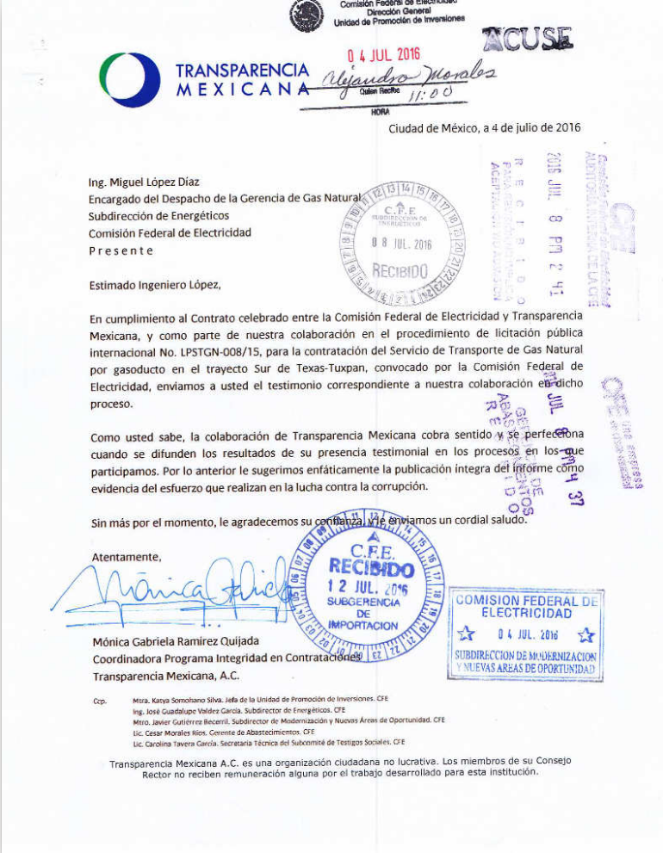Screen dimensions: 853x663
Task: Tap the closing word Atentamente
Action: tap(127, 556)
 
